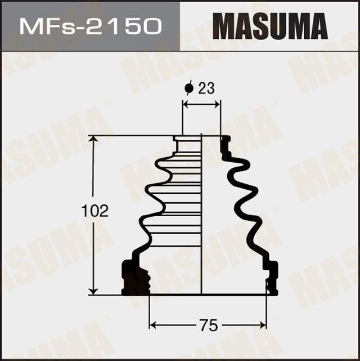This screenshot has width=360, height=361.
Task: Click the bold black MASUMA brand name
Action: coord(270,26)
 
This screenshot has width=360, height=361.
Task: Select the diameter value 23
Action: coord(206,88)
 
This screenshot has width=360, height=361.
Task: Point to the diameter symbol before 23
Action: coord(189,88)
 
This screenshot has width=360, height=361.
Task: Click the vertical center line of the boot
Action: coord(201,225)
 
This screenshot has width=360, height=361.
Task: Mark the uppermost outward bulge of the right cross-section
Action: coord(245,163)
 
